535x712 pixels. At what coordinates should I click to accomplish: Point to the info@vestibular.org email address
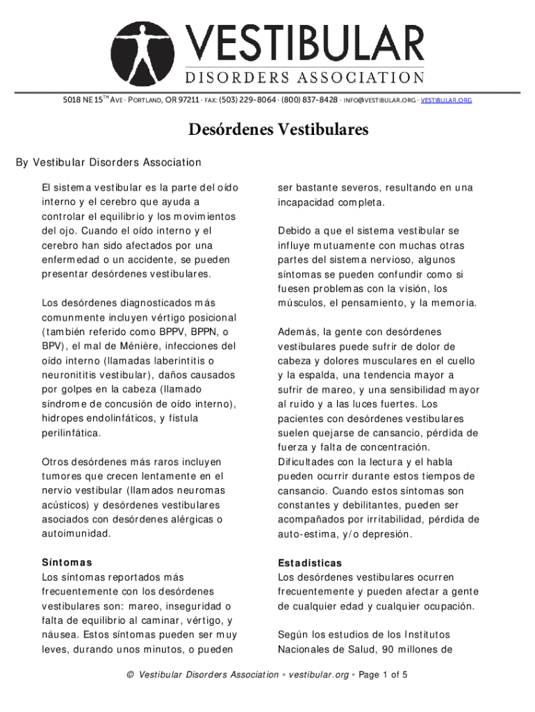tap(378, 100)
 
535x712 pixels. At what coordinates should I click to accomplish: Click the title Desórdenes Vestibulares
tap(267, 130)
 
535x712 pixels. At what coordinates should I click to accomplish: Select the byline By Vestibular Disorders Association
tap(108, 163)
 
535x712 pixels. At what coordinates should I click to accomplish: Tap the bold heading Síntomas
tap(67, 563)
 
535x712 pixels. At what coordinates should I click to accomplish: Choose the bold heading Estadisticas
tap(310, 563)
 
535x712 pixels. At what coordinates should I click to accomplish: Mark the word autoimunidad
tap(76, 534)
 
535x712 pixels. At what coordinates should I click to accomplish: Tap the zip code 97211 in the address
tap(188, 100)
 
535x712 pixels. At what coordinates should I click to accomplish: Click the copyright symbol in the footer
tap(129, 674)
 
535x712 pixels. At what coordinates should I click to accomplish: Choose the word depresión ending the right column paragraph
tap(386, 534)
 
